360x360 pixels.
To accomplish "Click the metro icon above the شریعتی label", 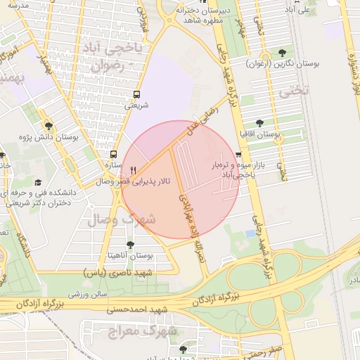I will click(136, 94).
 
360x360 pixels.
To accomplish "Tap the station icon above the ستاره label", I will click(113, 154).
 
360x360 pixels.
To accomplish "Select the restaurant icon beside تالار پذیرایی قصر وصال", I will click(133, 170).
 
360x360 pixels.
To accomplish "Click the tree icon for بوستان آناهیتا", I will click(130, 245).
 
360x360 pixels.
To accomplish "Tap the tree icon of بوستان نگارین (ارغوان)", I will click(282, 53).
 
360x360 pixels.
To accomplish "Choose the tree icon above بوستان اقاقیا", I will click(260, 122).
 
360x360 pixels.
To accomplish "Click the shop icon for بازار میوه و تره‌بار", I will click(238, 155).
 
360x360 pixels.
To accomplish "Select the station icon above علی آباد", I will click(306, 1).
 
